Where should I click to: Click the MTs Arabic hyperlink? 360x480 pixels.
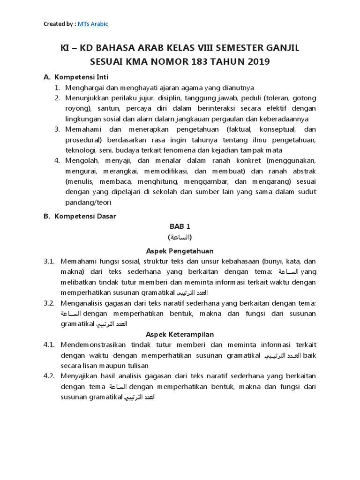[x=95, y=24]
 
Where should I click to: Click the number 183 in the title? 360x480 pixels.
[x=202, y=61]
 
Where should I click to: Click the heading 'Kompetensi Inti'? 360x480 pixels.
[x=82, y=77]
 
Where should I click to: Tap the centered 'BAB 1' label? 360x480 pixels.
[x=180, y=226]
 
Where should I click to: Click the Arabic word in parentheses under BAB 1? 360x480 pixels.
[x=180, y=237]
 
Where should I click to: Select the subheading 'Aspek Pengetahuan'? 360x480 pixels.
[x=180, y=251]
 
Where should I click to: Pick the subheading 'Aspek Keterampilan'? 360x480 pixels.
[x=180, y=334]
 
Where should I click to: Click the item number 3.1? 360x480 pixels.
[x=50, y=262]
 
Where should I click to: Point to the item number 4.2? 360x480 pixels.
[x=50, y=376]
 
